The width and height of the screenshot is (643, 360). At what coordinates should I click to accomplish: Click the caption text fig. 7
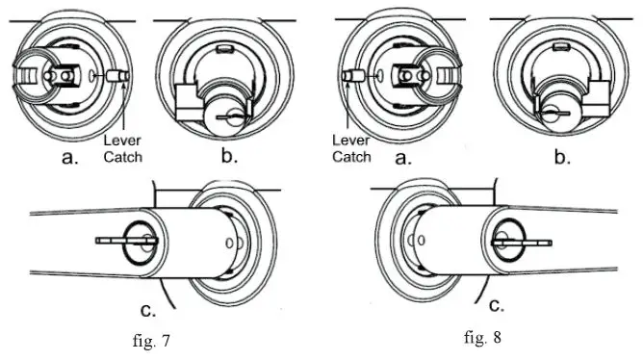click(151, 341)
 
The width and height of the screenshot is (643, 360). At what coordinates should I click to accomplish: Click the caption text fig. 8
click(482, 338)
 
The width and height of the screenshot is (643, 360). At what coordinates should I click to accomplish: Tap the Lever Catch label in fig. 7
click(122, 148)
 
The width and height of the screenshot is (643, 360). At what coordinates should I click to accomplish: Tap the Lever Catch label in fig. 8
click(351, 148)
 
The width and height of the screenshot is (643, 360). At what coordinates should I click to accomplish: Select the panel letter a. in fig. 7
click(69, 157)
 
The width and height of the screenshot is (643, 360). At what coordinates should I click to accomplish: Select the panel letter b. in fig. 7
click(229, 156)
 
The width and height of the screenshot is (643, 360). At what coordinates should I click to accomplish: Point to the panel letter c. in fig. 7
click(148, 310)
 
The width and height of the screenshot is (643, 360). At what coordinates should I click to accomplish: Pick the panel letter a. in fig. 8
click(403, 157)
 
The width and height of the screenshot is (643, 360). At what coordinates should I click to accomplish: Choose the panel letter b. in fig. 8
click(562, 156)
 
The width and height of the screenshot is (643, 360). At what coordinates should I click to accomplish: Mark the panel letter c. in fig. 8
click(497, 305)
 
